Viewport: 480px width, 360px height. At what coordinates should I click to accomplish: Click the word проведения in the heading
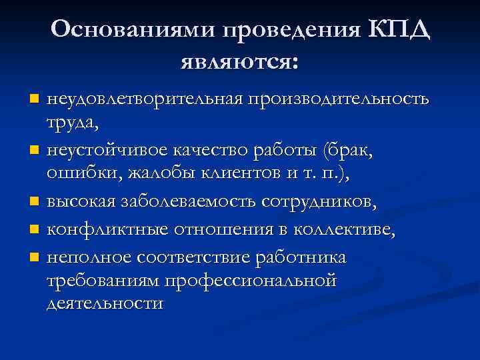pos(291,31)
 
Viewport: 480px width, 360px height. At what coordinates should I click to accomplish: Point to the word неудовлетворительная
pos(145,99)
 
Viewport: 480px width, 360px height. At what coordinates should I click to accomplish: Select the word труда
pos(73,123)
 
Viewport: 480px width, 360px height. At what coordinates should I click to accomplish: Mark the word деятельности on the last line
pos(105,304)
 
